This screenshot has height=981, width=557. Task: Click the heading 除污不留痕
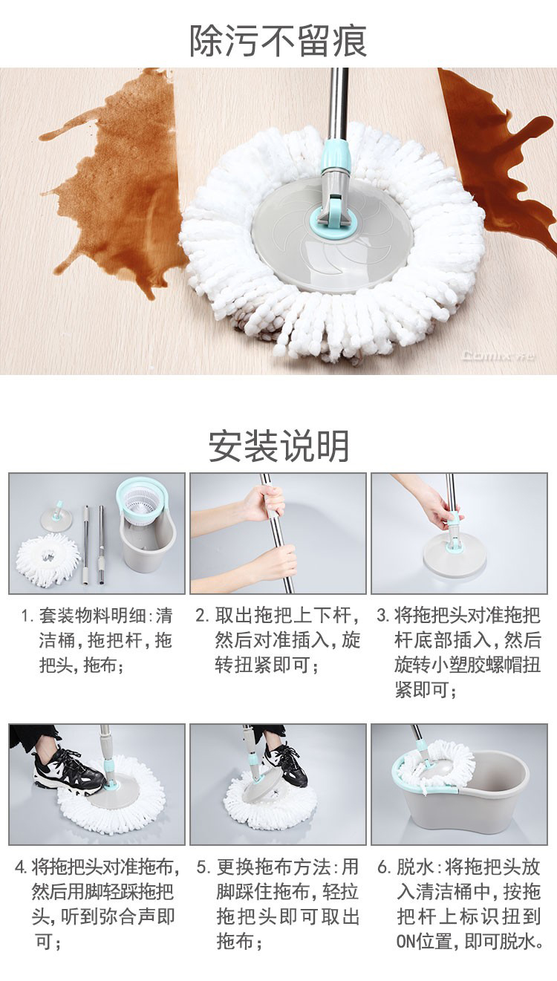click(x=278, y=41)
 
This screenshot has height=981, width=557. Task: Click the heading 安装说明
click(x=278, y=446)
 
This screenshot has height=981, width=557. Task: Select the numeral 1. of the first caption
click(x=27, y=616)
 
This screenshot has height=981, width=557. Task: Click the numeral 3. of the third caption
click(x=382, y=616)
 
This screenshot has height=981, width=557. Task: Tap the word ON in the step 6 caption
click(x=406, y=941)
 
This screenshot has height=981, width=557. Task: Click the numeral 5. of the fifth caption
click(x=203, y=867)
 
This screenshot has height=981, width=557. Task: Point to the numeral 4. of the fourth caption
click(x=21, y=867)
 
